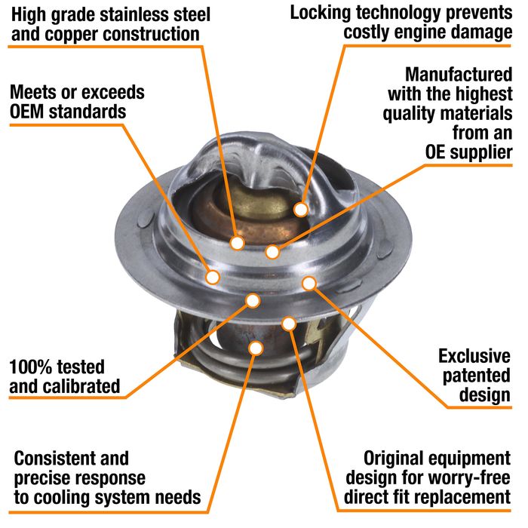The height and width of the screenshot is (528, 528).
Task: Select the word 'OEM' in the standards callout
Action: (x=27, y=112)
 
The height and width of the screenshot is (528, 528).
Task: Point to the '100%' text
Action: (x=29, y=367)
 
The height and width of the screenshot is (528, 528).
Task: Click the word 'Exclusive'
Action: (x=474, y=356)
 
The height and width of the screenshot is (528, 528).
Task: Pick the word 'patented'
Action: (x=476, y=376)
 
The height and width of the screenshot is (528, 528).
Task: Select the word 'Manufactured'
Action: (x=459, y=75)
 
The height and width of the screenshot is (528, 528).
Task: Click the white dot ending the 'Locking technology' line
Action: (x=301, y=210)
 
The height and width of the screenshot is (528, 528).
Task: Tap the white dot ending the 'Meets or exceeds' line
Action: (x=213, y=277)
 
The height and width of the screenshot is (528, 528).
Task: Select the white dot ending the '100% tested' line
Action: (x=253, y=301)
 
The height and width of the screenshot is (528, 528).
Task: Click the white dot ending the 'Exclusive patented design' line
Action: (x=309, y=284)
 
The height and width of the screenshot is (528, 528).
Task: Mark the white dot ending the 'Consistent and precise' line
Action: (x=256, y=348)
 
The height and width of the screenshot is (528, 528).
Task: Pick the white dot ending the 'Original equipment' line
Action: (x=289, y=324)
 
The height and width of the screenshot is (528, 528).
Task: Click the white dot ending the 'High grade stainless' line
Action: (x=237, y=243)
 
